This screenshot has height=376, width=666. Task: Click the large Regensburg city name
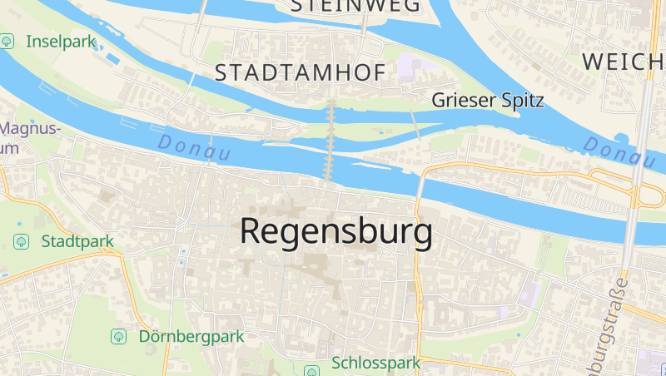(x=336, y=231)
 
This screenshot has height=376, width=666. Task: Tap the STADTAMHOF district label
(x=301, y=73)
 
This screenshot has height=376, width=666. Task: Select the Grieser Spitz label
(x=488, y=101)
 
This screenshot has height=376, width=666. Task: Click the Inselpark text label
(x=62, y=41)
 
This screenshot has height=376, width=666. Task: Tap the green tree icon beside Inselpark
(x=8, y=41)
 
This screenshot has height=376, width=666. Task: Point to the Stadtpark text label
(x=77, y=241)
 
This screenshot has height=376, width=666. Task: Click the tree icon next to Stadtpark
(x=22, y=241)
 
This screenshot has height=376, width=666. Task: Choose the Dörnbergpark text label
(x=191, y=337)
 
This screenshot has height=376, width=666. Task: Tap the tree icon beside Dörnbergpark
(x=119, y=337)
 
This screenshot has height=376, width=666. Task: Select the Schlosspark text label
(x=376, y=364)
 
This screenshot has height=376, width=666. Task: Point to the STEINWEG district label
(x=355, y=6)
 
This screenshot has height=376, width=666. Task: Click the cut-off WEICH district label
(x=624, y=61)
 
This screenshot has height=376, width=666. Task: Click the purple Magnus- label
(x=32, y=129)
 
